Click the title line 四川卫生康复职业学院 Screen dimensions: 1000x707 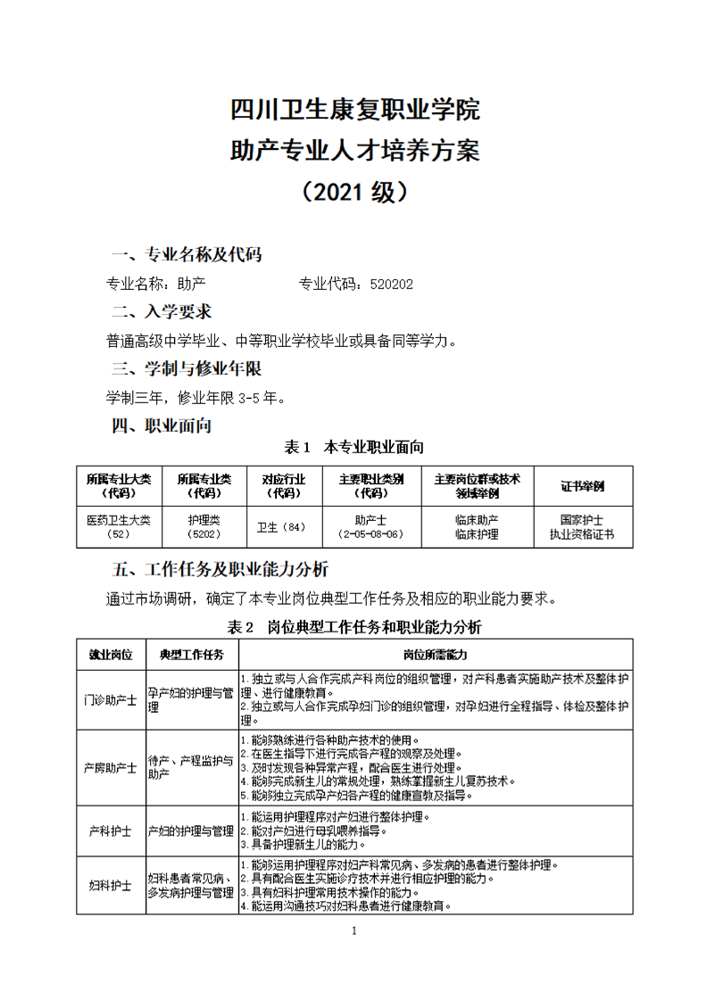(354, 111)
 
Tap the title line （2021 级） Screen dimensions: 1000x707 (354, 191)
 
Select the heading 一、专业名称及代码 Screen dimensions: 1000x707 (186, 254)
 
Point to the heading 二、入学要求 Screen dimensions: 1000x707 (162, 311)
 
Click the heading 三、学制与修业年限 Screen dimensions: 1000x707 (186, 368)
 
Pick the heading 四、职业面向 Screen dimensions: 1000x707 (162, 426)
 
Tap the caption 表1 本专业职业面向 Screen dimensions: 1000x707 (353, 446)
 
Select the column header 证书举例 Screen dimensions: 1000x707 (581, 486)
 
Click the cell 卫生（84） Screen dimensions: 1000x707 (281, 527)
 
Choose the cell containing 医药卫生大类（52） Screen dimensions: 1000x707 (119, 526)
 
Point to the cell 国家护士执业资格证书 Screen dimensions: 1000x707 (581, 526)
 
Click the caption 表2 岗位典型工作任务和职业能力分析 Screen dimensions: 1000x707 (354, 626)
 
